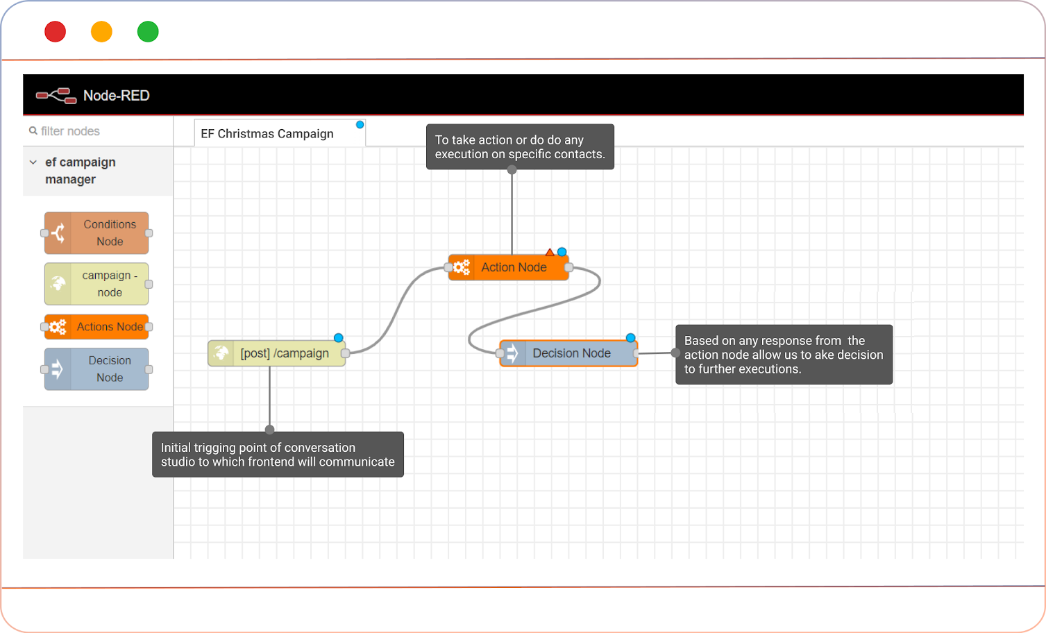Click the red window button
pyautogui.click(x=56, y=32)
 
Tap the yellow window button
pyautogui.click(x=101, y=32)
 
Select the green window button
pyautogui.click(x=148, y=32)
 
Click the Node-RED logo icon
pyautogui.click(x=56, y=96)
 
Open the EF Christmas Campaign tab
pyautogui.click(x=267, y=133)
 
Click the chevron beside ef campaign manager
pyautogui.click(x=33, y=162)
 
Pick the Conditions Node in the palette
pyautogui.click(x=96, y=233)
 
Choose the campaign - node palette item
pyautogui.click(x=96, y=284)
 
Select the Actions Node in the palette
pyautogui.click(x=96, y=327)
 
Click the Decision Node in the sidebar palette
pyautogui.click(x=96, y=369)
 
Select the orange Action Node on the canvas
pyautogui.click(x=514, y=267)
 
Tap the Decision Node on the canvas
pyautogui.click(x=571, y=353)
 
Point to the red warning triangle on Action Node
pyautogui.click(x=550, y=253)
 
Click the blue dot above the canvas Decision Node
pyautogui.click(x=630, y=338)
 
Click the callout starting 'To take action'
pyautogui.click(x=520, y=147)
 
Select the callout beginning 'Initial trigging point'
pyautogui.click(x=278, y=455)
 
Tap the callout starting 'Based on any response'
pyautogui.click(x=784, y=355)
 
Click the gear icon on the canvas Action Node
pyautogui.click(x=462, y=267)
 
